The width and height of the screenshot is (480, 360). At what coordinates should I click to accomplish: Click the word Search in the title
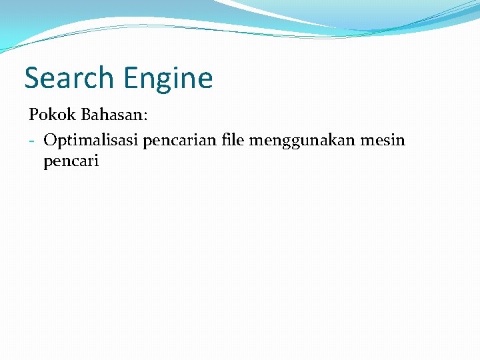tap(69, 78)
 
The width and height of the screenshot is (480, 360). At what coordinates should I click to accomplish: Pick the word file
tap(233, 140)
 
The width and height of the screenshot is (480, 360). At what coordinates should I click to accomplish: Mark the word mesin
tap(385, 140)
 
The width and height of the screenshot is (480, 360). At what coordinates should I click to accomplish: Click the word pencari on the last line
tap(71, 161)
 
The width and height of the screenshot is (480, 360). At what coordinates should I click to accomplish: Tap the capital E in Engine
tap(130, 78)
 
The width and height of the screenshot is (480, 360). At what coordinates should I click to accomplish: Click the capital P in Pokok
tap(33, 115)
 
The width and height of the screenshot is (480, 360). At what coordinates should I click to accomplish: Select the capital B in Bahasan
tap(86, 115)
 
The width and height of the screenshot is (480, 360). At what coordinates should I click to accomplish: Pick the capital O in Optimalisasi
tap(49, 140)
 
